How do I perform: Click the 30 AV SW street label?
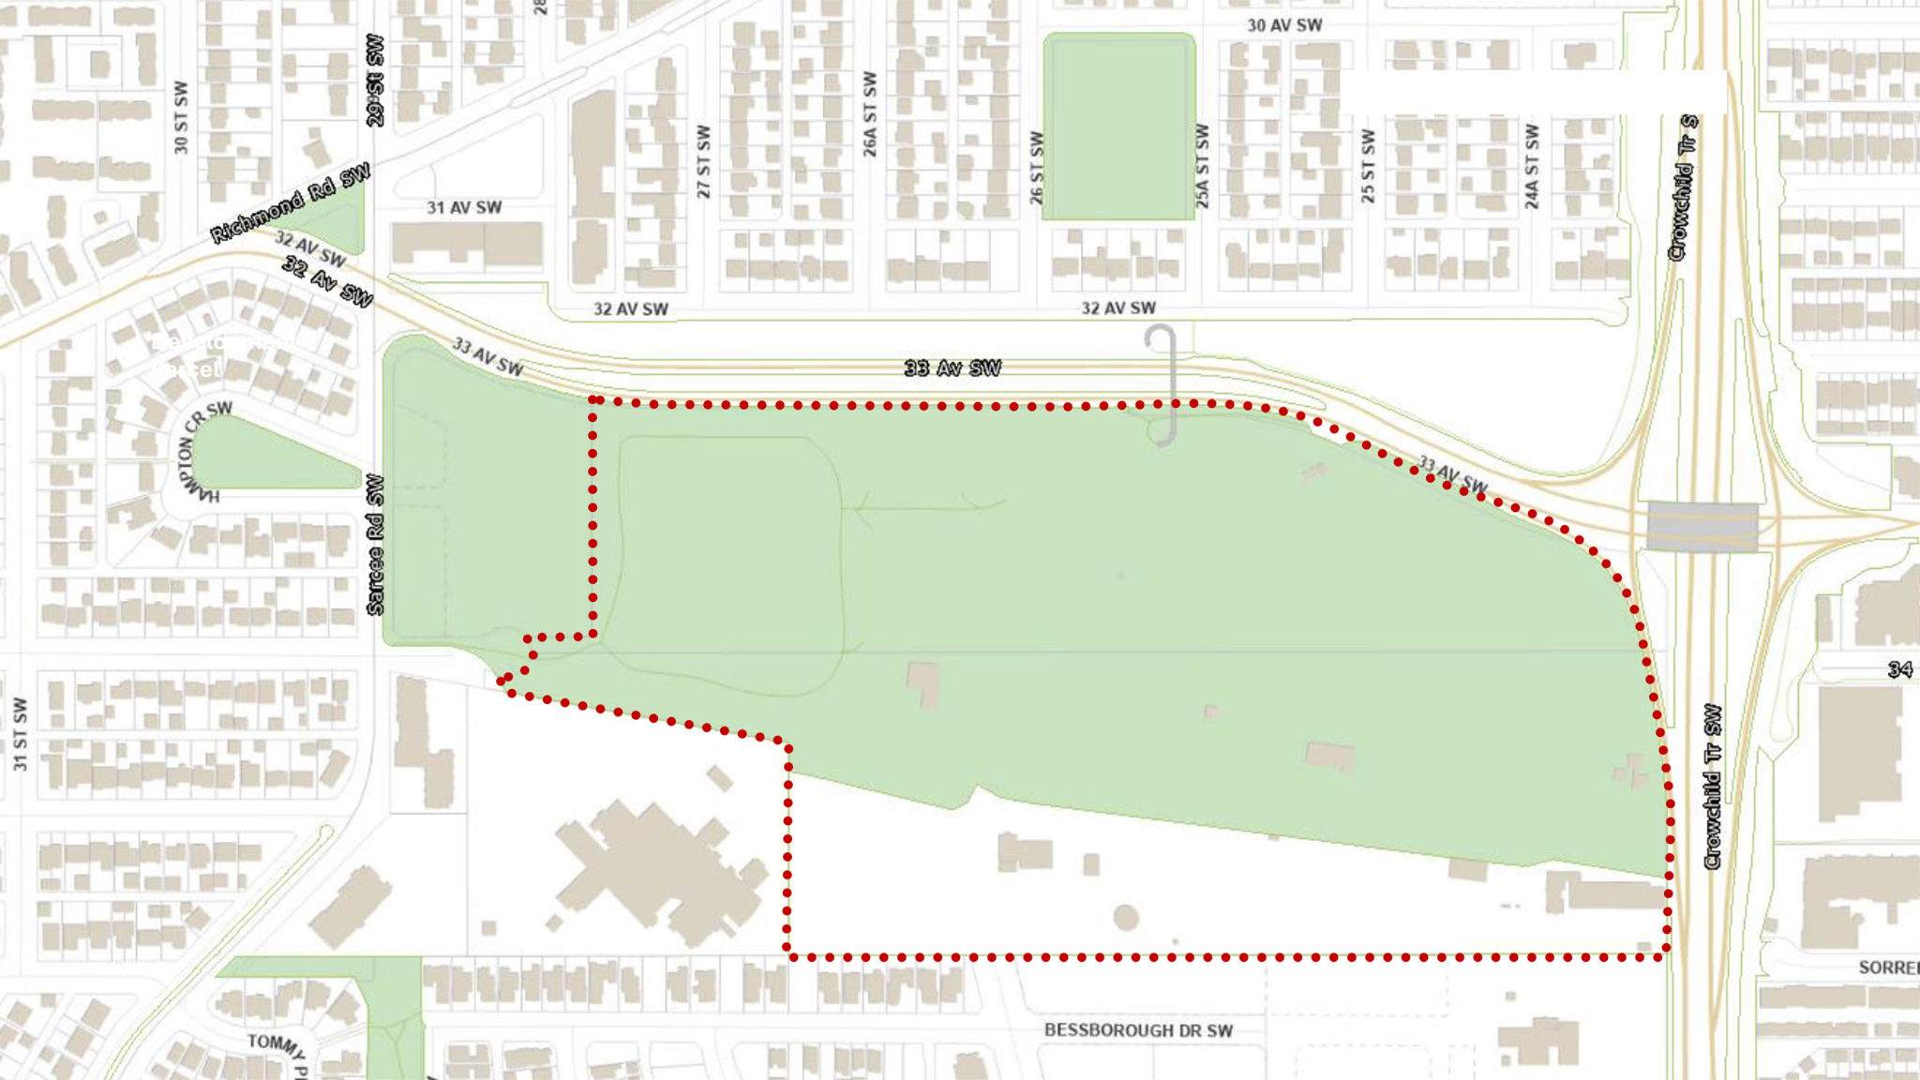[1283, 25]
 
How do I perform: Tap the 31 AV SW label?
[464, 207]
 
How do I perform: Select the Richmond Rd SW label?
[290, 203]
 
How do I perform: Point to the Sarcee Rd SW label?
[375, 545]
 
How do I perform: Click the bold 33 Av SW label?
[952, 368]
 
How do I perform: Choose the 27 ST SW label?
[703, 162]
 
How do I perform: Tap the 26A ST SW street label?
[870, 114]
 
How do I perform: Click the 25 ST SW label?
[1368, 167]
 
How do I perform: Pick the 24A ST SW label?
[1532, 167]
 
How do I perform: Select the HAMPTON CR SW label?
[197, 450]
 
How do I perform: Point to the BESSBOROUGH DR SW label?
[1138, 1030]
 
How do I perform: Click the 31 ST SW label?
[21, 734]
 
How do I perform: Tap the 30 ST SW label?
[181, 118]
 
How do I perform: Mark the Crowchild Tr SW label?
[1713, 787]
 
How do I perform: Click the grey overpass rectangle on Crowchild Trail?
[1702, 526]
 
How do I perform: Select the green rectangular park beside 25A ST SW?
[1118, 127]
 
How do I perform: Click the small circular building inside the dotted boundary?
[1126, 917]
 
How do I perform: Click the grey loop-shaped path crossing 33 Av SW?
[1162, 384]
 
